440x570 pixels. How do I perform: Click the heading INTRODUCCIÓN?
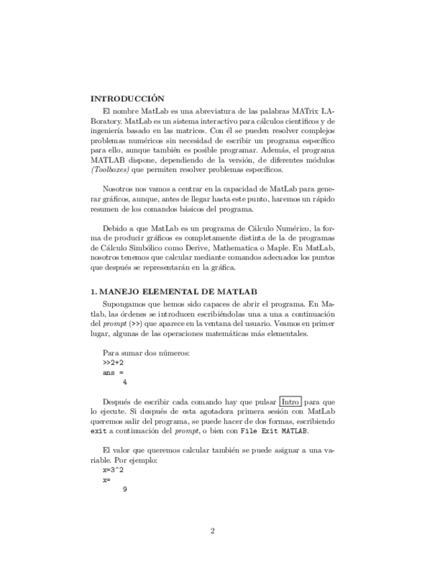click(127, 98)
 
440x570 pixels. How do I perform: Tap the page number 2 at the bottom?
click(212, 531)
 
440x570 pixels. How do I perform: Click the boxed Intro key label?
click(290, 401)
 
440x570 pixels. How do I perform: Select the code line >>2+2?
click(113, 362)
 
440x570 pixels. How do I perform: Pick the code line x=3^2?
click(113, 471)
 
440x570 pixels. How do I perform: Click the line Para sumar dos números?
click(146, 353)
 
